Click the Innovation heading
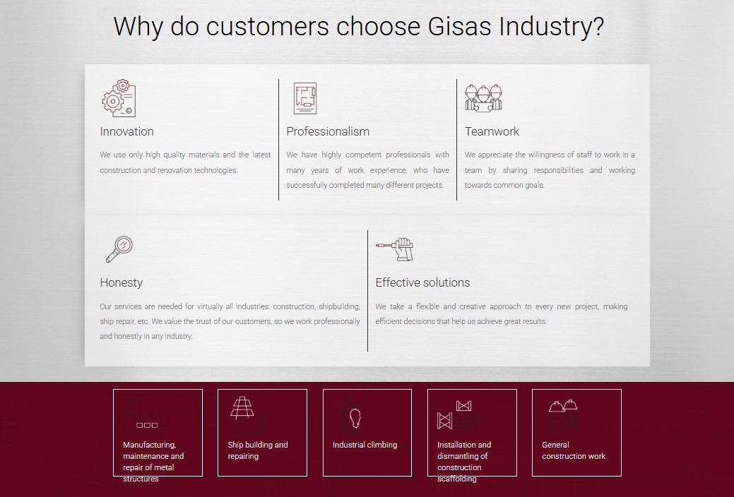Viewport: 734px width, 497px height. point(127,131)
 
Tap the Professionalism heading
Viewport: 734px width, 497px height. point(328,131)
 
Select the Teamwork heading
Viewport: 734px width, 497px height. point(492,131)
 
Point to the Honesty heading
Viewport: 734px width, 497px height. point(122,282)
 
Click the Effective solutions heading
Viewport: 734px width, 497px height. point(422,282)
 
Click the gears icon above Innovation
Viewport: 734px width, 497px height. point(119,98)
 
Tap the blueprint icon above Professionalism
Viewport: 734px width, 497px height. point(305,98)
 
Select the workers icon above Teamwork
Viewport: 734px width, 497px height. point(483,98)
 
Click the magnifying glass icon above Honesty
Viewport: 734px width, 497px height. point(119,249)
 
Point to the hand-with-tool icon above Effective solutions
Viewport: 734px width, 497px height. point(395,249)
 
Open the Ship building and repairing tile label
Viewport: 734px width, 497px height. point(258,450)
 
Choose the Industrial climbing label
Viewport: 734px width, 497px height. point(365,445)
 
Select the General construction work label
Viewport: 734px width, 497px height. point(574,450)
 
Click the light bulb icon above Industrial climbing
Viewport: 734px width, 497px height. point(355,418)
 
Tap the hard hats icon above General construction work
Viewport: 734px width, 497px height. point(563,405)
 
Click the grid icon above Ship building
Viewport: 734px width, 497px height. point(242,407)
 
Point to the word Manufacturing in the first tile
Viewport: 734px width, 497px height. point(149,445)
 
